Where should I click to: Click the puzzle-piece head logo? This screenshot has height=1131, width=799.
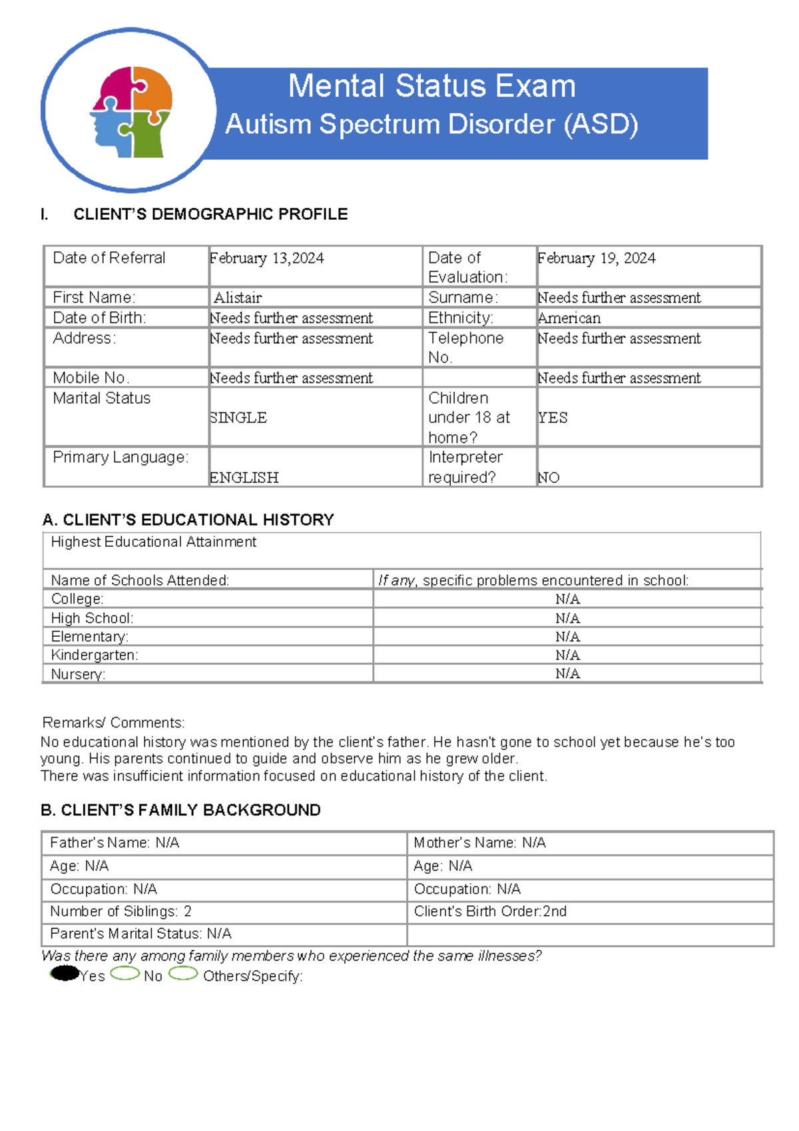coord(131,111)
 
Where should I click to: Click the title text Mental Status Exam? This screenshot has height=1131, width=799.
coord(431,87)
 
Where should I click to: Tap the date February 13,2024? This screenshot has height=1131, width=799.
coord(267,258)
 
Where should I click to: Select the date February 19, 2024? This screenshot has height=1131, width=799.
coord(597,258)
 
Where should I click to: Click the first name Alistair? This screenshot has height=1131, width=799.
coord(238,298)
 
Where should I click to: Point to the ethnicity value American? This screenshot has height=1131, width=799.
coord(569,318)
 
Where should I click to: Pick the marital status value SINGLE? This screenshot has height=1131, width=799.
coord(238,418)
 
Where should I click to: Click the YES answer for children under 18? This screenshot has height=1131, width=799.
coord(553,418)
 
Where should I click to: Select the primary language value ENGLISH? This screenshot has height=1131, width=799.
coord(244,478)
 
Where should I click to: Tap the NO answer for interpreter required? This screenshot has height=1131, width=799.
coord(549,478)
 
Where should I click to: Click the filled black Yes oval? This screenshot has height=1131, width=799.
coord(65,974)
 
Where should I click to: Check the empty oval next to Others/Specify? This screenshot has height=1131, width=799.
coord(183,974)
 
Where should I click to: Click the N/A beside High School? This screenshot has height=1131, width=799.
coord(567,618)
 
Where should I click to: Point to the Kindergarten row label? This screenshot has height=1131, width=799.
coord(95,655)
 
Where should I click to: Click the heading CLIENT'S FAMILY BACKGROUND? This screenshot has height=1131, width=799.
coord(180,810)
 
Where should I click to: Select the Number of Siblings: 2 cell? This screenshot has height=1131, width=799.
coord(121,911)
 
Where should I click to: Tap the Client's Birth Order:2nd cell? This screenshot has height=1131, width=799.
coord(490,911)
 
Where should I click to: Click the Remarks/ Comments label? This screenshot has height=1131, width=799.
coord(113,723)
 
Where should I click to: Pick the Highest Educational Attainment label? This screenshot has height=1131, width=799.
coord(153,542)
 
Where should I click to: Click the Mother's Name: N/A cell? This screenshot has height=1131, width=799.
coord(479,843)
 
